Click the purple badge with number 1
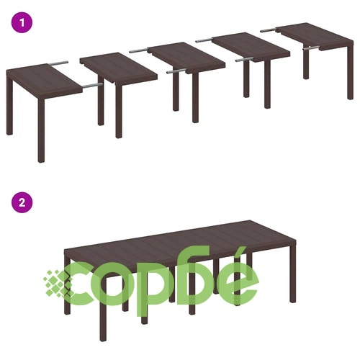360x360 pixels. point(22,22)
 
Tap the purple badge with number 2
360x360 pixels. point(22,202)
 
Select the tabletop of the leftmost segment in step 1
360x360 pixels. point(45,81)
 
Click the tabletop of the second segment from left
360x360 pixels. point(119,68)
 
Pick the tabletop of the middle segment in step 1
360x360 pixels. point(186,58)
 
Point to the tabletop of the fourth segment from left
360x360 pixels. point(251,48)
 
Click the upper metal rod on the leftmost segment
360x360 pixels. point(58,63)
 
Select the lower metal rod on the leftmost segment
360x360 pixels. point(93,85)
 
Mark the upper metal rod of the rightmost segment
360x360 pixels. point(269,30)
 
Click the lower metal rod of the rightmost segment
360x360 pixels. point(311,48)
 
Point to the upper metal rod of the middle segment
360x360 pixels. point(139,50)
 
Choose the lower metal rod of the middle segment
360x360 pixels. point(176,71)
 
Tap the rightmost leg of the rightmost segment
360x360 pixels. point(351,73)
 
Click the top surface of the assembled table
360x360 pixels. point(180,240)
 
